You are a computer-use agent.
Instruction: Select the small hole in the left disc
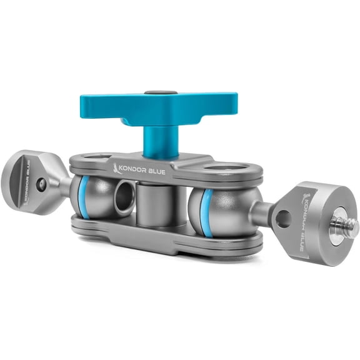40,185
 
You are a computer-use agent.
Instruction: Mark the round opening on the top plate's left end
94,157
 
